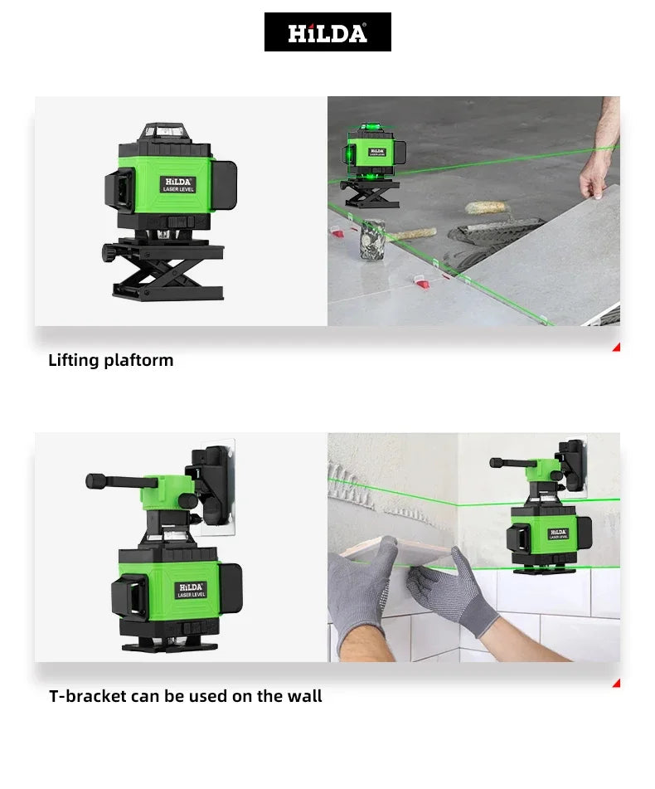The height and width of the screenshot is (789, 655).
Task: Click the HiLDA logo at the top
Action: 327,32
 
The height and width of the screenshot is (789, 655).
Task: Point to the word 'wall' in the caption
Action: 303,696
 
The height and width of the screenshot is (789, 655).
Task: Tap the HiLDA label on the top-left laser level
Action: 177,184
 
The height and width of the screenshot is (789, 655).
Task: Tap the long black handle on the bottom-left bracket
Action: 116,480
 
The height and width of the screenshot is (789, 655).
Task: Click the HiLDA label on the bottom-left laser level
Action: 190,589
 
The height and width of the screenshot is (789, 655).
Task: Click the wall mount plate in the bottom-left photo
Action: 217,485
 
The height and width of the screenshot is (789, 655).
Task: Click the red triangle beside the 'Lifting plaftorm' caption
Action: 616,347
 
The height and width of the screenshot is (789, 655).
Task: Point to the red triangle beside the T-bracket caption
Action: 616,683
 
